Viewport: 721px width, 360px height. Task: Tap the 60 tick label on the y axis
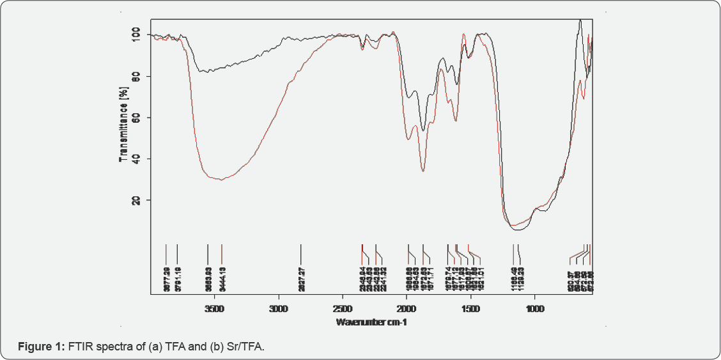[x=136, y=118]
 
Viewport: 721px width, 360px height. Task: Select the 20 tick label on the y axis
[x=136, y=200]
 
